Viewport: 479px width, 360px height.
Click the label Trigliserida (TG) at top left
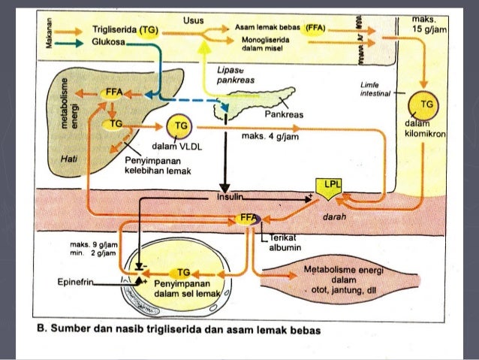click(123, 28)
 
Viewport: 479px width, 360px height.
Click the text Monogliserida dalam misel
click(261, 43)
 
